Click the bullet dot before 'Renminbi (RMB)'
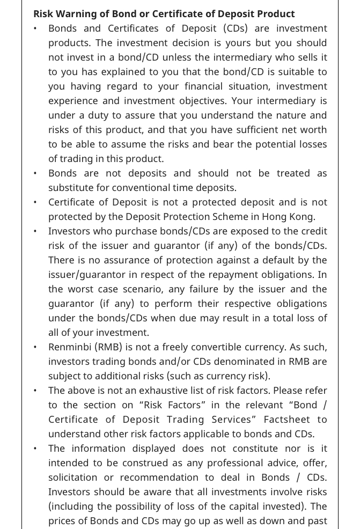click(35, 347)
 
